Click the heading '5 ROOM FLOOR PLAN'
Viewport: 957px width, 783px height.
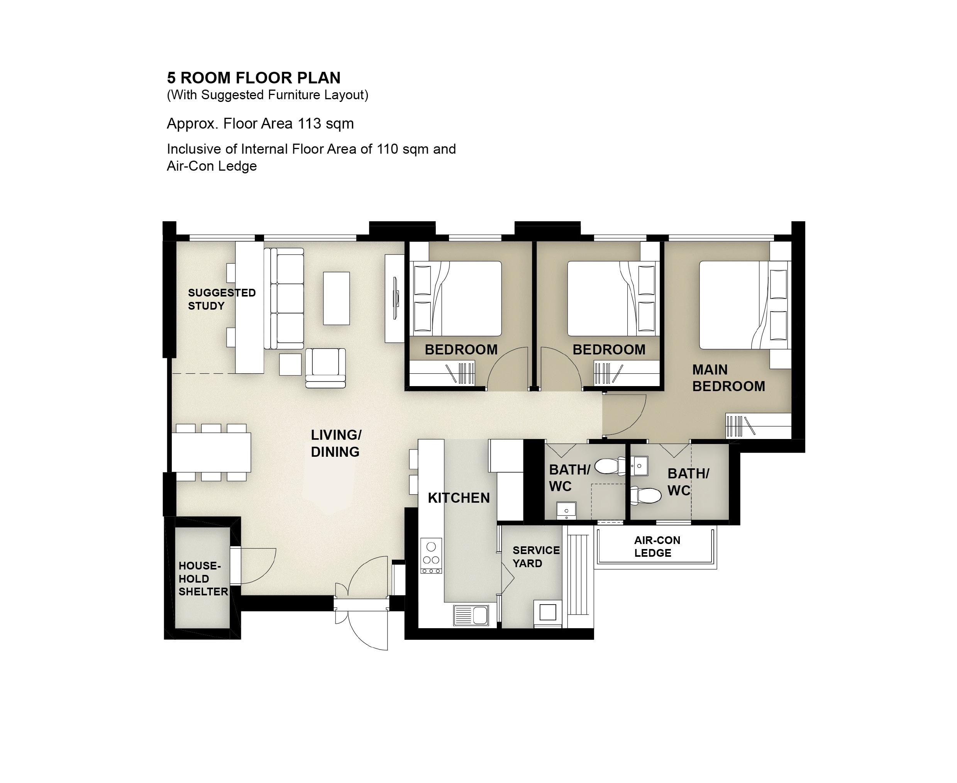(x=254, y=78)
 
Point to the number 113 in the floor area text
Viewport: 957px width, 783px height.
(x=309, y=124)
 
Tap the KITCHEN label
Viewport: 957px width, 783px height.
(x=459, y=498)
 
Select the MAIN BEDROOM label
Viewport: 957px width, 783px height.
(x=728, y=378)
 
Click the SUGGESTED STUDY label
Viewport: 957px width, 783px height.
(x=222, y=299)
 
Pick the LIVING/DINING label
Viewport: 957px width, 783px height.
(x=336, y=443)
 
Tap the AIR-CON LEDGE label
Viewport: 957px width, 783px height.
(x=657, y=547)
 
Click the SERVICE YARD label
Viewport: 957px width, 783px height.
(x=536, y=557)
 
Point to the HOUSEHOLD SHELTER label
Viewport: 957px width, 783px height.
(x=203, y=579)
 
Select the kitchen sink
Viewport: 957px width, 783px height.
(x=471, y=615)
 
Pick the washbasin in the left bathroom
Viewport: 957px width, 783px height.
(x=566, y=510)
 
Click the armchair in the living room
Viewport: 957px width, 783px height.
(x=325, y=368)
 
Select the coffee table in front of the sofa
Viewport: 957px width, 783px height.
(x=337, y=298)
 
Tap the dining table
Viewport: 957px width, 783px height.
(x=211, y=453)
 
